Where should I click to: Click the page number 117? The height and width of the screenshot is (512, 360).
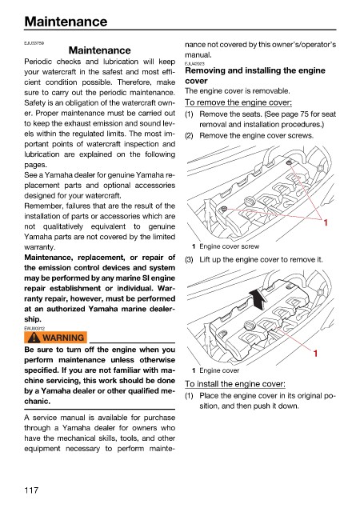click(31, 490)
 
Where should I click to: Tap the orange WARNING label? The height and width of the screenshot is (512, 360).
click(55, 338)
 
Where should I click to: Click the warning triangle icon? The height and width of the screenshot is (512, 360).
click(34, 338)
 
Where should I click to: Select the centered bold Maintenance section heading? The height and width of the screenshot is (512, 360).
click(100, 50)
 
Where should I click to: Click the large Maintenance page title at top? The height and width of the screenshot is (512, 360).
click(66, 22)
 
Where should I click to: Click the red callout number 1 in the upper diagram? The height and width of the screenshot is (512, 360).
click(326, 222)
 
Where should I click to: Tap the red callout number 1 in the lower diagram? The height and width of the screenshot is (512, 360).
click(315, 354)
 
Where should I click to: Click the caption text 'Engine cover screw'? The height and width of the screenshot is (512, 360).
click(230, 246)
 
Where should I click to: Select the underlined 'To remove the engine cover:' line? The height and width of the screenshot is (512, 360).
click(238, 102)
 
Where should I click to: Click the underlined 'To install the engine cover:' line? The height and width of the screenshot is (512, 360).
click(235, 384)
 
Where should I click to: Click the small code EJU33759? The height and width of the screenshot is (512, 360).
click(34, 42)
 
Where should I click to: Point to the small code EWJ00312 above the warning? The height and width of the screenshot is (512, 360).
click(34, 328)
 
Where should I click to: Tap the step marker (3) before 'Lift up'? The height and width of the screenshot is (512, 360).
click(189, 260)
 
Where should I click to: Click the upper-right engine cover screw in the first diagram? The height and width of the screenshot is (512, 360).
click(289, 162)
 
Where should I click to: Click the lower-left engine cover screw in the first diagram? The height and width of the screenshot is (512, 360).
click(224, 208)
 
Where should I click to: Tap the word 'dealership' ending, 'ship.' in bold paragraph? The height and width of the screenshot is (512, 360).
click(33, 319)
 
